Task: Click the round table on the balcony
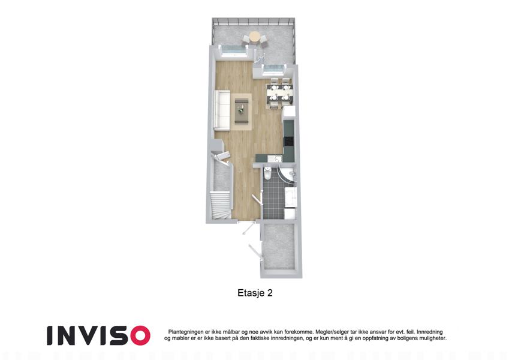[255, 37]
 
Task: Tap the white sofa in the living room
[222, 110]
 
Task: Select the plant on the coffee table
[241, 109]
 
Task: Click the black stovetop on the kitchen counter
[288, 142]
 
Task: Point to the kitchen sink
[276, 158]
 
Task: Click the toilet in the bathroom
[268, 173]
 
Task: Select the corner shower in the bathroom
[288, 175]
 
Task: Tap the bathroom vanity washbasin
[291, 197]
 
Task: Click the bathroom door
[257, 199]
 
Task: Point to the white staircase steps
[220, 205]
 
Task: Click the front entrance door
[248, 228]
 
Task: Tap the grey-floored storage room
[279, 247]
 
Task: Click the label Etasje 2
[255, 293]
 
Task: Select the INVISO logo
[98, 335]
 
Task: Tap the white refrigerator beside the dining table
[289, 111]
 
